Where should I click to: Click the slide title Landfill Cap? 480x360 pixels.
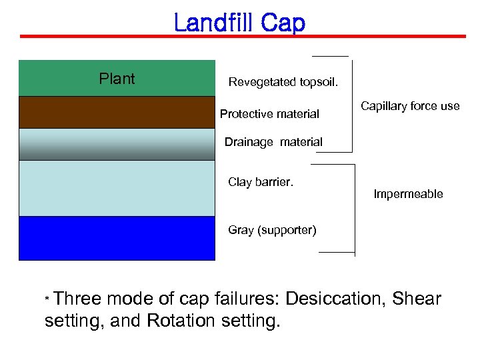(x=239, y=23)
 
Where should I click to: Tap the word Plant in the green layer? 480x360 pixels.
(x=117, y=79)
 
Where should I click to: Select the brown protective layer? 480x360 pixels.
(x=117, y=112)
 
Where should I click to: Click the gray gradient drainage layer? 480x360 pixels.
(x=117, y=144)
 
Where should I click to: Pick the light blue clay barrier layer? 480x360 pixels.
(x=117, y=188)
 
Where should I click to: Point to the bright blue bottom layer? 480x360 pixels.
(x=117, y=238)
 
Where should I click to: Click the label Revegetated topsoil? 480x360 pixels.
(x=283, y=83)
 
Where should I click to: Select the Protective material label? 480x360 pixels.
(x=269, y=114)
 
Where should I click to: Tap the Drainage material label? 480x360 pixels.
(x=273, y=142)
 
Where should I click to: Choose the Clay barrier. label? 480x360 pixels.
(x=261, y=182)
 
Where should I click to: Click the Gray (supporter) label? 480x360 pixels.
(x=272, y=230)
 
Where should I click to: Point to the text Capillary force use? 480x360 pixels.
(x=410, y=106)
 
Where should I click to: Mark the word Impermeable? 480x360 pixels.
(x=408, y=194)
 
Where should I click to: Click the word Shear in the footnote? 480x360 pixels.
(x=417, y=299)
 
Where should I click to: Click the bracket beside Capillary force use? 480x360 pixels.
(x=351, y=105)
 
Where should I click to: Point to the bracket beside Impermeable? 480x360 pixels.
(x=354, y=210)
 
